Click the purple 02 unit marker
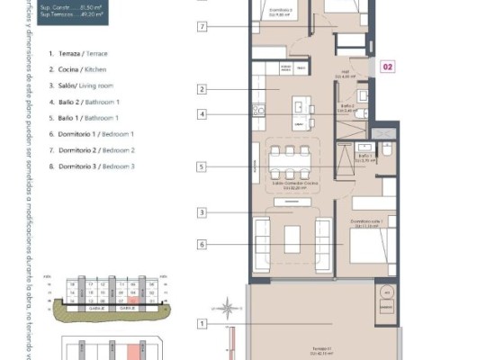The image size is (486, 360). tap(388, 66)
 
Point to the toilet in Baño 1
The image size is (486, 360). tap(386, 149)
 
